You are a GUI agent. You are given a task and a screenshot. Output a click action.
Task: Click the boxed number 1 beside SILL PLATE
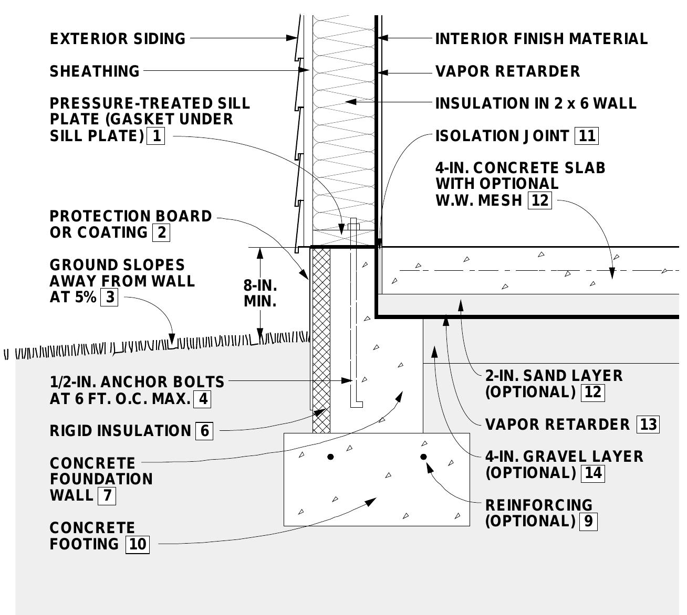click(x=156, y=136)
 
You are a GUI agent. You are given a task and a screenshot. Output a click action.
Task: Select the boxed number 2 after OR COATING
click(x=161, y=232)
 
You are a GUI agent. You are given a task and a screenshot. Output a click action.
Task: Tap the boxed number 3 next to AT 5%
click(x=109, y=297)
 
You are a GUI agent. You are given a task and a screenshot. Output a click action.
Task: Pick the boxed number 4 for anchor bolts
click(x=202, y=399)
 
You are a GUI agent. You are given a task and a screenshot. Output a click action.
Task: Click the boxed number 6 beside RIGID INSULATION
click(x=204, y=431)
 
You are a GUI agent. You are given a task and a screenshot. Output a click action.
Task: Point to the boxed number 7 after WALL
click(x=107, y=495)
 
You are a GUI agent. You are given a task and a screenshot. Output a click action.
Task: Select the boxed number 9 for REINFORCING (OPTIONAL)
click(x=588, y=521)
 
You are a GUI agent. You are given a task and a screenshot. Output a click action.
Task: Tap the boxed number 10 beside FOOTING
click(x=138, y=544)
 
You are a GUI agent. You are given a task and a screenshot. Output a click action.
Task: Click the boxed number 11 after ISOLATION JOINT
click(x=587, y=136)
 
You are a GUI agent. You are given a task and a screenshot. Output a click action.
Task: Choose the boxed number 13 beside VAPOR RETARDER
click(x=648, y=424)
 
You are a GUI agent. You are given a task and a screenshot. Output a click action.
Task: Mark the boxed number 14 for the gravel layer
click(x=593, y=473)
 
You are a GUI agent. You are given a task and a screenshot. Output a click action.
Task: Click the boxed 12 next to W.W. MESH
click(x=540, y=200)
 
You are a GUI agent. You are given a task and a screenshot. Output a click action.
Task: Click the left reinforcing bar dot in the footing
click(x=330, y=457)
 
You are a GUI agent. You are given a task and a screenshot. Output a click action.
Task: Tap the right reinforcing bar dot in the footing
click(x=423, y=457)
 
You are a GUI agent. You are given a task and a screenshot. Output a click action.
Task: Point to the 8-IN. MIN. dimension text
click(x=260, y=294)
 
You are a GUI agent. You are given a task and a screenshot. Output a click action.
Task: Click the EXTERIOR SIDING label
click(x=118, y=39)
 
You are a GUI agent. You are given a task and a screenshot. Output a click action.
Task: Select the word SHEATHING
click(x=95, y=71)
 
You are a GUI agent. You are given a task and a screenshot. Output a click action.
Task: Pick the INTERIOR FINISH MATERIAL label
click(x=542, y=39)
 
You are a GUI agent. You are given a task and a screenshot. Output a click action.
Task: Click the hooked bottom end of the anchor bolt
click(x=357, y=404)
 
